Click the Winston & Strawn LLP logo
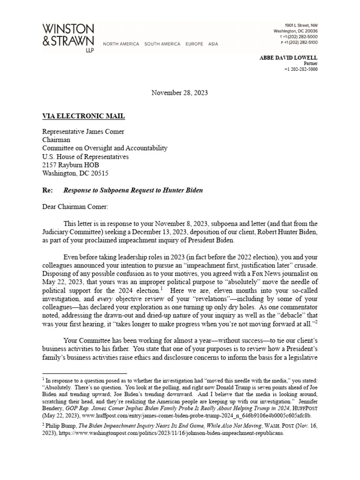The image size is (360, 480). (x=68, y=37)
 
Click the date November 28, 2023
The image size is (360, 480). (x=180, y=93)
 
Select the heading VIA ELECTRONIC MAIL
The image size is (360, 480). (x=83, y=116)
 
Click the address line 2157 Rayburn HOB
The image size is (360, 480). (x=71, y=165)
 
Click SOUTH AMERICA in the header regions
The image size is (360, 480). (x=162, y=44)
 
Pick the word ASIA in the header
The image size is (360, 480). (x=213, y=44)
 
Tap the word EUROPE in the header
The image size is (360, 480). (x=194, y=44)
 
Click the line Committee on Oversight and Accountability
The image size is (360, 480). (x=105, y=148)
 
